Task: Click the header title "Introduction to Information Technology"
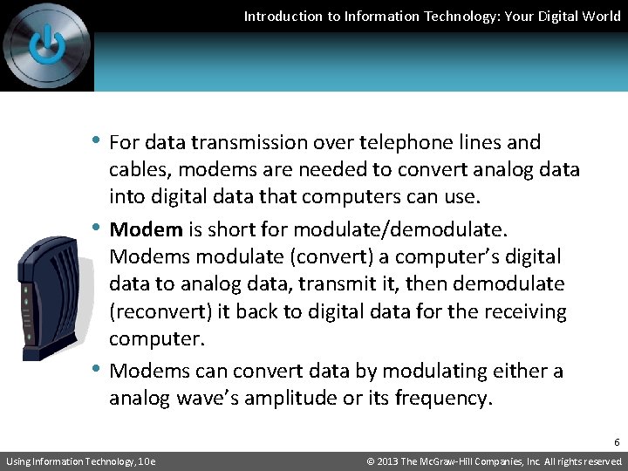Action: [432, 16]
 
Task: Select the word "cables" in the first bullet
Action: [137, 169]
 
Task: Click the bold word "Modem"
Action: [147, 229]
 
